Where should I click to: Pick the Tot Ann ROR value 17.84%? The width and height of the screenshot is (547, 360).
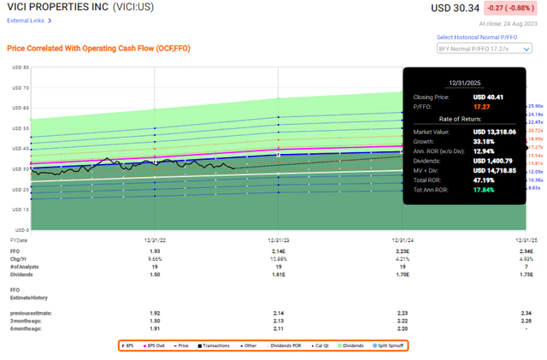(474, 189)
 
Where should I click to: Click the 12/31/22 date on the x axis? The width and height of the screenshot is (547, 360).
(154, 241)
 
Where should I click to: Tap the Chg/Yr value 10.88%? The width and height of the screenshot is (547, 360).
(278, 261)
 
